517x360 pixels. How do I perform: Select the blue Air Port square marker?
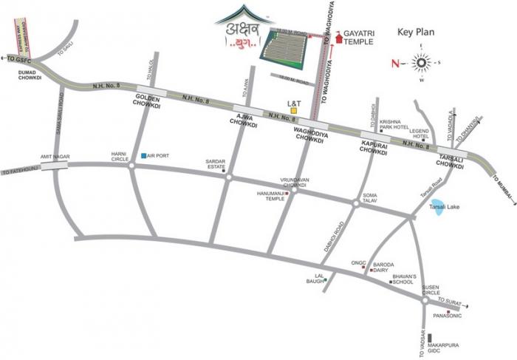[x=143, y=156]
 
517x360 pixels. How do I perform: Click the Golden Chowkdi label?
[x=149, y=101]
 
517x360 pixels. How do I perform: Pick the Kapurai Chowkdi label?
[x=374, y=146]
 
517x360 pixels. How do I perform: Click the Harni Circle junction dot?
[x=131, y=166]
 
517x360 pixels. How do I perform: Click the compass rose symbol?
[x=423, y=61]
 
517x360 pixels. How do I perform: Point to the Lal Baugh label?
[x=314, y=280]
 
